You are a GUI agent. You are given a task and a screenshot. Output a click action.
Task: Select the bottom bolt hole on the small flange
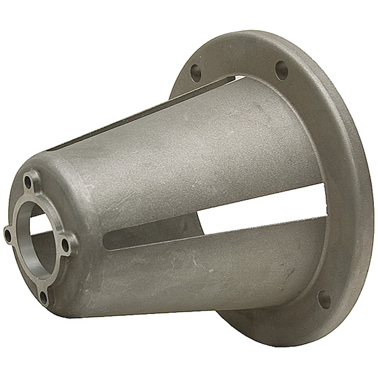point(44,295)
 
